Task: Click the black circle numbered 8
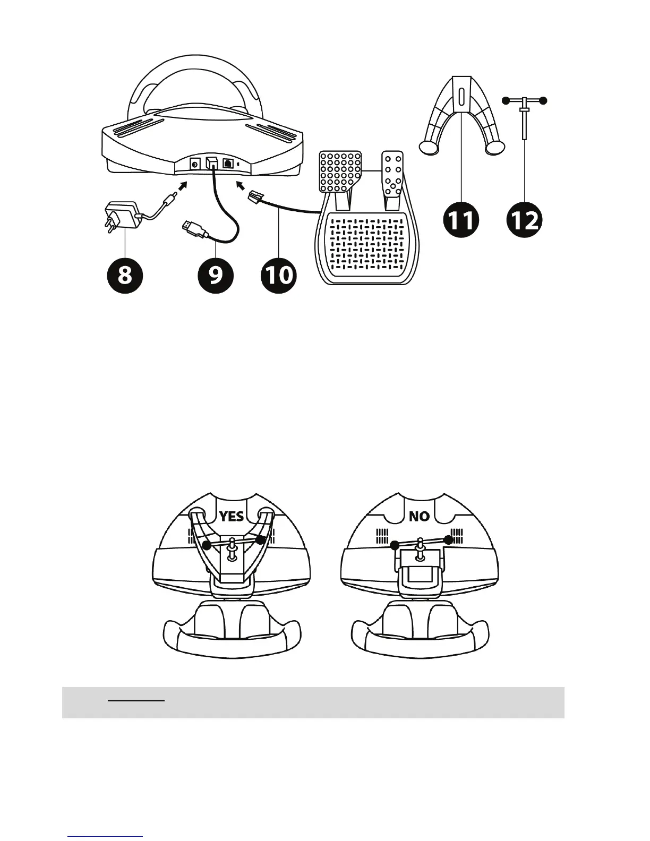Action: [124, 275]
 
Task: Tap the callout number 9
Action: [216, 276]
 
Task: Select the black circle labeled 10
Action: [278, 276]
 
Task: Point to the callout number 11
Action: [461, 220]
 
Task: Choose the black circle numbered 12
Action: [525, 220]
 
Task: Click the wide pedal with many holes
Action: [340, 171]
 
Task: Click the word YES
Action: [232, 516]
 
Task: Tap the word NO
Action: [419, 516]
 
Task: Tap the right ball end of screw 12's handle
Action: [542, 100]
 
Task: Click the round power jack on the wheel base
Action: [194, 165]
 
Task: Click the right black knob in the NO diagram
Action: [449, 540]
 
